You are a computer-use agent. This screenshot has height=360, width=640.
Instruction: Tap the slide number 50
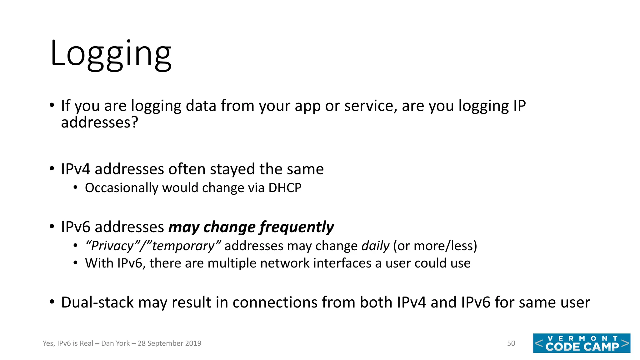tap(511, 343)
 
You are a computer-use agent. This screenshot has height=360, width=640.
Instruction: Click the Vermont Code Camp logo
tap(582, 343)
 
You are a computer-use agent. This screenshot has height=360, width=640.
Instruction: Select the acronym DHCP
tap(285, 188)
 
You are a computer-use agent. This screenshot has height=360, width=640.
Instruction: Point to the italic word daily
tap(375, 246)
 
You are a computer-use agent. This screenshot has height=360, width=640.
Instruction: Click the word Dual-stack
tap(97, 302)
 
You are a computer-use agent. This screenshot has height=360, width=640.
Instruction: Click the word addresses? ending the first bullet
tap(99, 122)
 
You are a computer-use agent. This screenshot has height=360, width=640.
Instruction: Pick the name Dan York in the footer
tap(115, 343)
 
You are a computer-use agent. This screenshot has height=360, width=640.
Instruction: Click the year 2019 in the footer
tap(193, 343)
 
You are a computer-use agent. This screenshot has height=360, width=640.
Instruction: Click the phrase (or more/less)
tap(435, 246)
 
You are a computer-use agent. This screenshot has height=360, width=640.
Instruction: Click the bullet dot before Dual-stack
tap(52, 302)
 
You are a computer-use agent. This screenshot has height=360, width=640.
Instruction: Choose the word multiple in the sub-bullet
tap(232, 263)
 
